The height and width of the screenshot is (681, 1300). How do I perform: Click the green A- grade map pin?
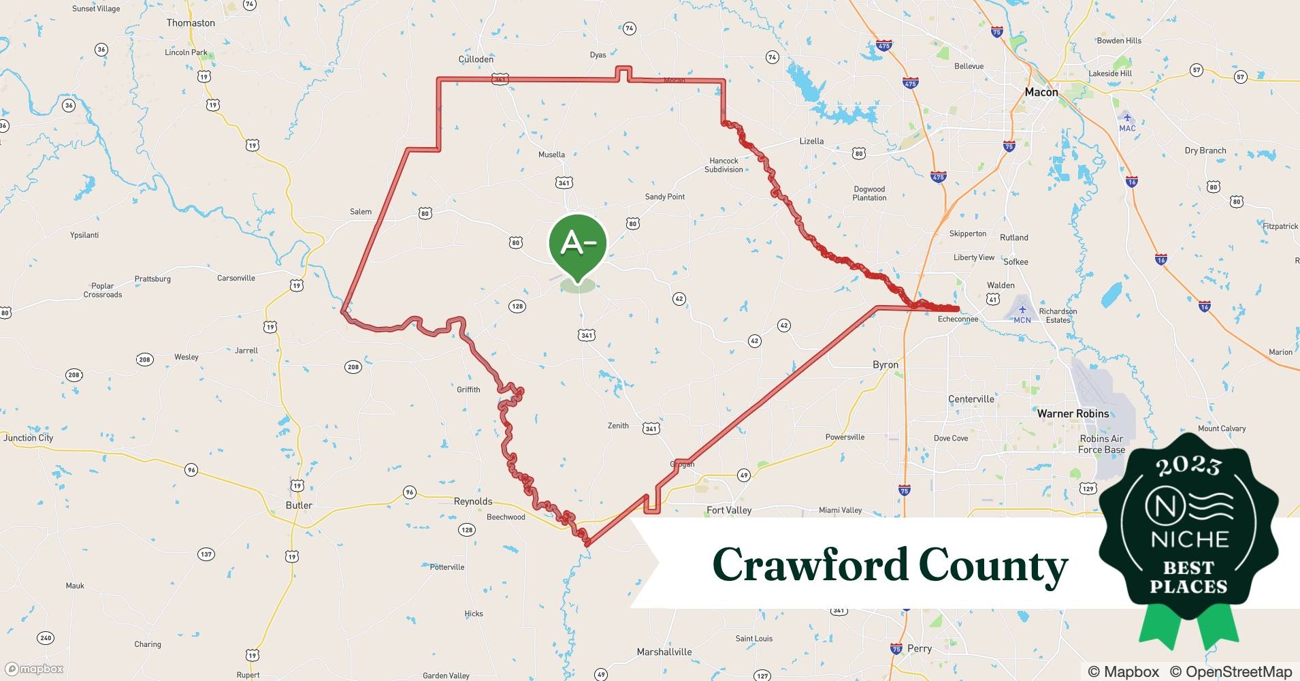577,244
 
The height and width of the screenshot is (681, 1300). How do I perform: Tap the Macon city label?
1041,92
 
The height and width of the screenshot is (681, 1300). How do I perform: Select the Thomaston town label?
191,22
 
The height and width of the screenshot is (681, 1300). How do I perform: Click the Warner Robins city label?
1073,413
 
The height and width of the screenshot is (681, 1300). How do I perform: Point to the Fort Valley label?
729,510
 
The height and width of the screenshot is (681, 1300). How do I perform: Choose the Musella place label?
551,155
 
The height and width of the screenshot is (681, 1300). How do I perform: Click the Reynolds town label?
473,501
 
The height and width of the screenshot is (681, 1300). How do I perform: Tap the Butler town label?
299,505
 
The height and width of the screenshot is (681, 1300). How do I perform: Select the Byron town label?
885,365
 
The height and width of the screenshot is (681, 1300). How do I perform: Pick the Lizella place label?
811,141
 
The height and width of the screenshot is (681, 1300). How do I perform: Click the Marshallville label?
664,652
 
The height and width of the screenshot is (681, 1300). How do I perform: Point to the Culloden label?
476,59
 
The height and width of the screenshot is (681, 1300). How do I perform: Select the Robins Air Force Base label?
1101,444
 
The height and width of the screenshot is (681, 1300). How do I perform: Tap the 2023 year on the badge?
1188,465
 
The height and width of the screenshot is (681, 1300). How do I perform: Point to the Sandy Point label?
665,197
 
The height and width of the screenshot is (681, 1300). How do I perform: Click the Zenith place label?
618,426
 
